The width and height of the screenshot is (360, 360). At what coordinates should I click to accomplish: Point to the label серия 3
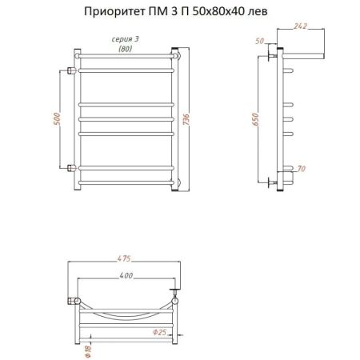[124, 38]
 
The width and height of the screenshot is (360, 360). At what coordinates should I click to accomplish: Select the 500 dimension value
[57, 118]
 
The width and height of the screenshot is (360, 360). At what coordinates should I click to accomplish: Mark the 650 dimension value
[255, 118]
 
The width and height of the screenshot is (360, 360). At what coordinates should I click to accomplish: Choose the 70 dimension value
[301, 168]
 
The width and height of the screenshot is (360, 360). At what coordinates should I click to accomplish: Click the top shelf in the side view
[301, 56]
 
